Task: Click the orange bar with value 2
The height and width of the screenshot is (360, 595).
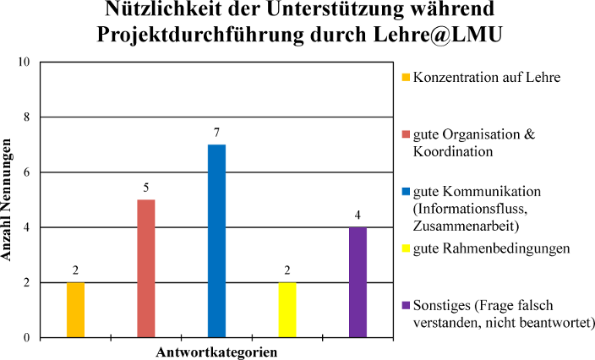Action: (75, 309)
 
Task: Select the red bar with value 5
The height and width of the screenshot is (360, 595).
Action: (146, 268)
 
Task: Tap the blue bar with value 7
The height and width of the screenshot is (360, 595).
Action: (216, 241)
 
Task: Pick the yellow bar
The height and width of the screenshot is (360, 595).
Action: (287, 309)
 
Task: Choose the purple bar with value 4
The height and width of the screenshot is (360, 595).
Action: (358, 282)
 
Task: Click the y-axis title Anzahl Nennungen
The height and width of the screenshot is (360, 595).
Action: (10, 200)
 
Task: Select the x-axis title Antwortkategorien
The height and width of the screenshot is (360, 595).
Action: (217, 350)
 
